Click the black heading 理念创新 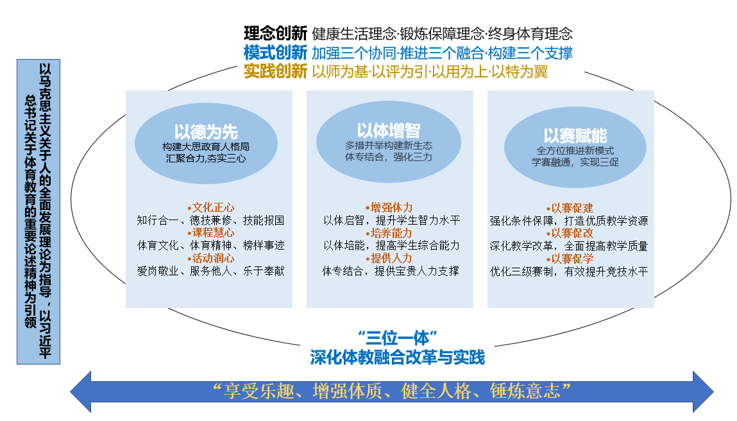tap(275, 33)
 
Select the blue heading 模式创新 tap(275, 53)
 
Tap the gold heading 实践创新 tap(275, 71)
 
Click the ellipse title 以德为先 tap(206, 131)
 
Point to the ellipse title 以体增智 tap(388, 130)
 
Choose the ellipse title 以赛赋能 tap(575, 135)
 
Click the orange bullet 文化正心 tap(210, 207)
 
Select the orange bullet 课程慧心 tap(210, 233)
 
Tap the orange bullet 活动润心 tap(210, 258)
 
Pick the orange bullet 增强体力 tap(389, 207)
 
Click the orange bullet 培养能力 tap(389, 233)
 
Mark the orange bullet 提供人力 tap(389, 258)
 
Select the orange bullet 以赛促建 tap(570, 208)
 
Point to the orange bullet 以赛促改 tap(570, 234)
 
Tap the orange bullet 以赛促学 tap(570, 259)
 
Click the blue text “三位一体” tap(398, 338)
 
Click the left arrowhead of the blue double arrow tap(81, 392)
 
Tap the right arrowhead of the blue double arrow tap(703, 392)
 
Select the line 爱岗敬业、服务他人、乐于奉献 tap(210, 271)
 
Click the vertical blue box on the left tap(38, 212)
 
